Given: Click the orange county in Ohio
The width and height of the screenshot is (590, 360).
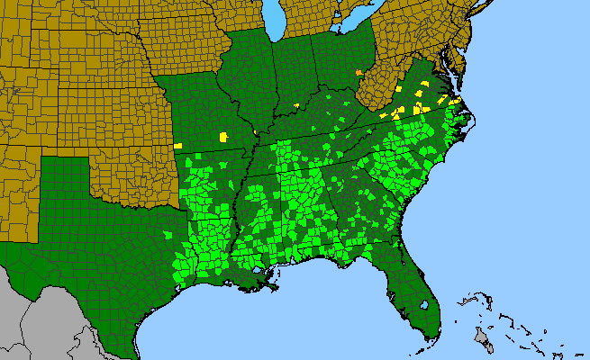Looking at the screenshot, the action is click(x=359, y=72).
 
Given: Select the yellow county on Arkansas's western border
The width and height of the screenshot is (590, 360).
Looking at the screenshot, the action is click(x=178, y=145).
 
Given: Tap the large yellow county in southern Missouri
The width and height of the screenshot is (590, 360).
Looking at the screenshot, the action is click(x=222, y=137).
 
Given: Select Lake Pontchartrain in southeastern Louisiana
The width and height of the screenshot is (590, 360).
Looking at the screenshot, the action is click(x=261, y=270).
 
